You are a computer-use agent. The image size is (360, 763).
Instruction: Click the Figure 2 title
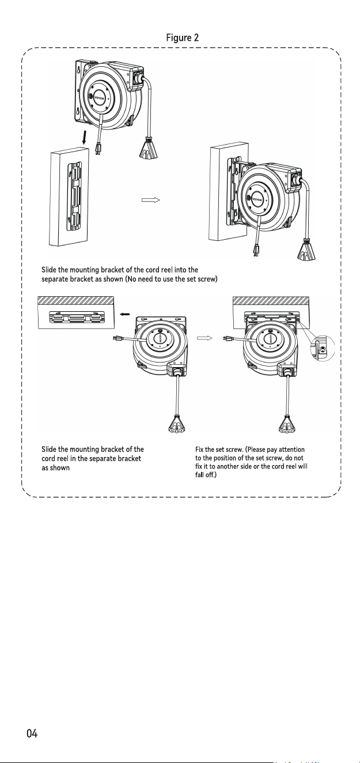click(182, 37)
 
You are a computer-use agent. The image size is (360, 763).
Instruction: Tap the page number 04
click(32, 733)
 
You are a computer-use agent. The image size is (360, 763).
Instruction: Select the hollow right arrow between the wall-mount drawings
click(151, 199)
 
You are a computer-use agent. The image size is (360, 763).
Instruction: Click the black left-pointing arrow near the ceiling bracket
click(124, 314)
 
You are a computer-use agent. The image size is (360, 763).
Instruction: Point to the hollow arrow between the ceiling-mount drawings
click(204, 338)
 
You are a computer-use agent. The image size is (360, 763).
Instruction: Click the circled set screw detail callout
click(322, 348)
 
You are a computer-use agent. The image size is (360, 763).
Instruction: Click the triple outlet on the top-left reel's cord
click(148, 148)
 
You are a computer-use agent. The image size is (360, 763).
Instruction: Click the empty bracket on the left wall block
click(74, 195)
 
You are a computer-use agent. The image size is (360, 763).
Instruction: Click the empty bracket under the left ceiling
click(76, 317)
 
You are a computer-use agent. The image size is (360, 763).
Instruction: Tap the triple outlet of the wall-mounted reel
click(306, 250)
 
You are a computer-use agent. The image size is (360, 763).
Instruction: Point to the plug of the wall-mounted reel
click(255, 250)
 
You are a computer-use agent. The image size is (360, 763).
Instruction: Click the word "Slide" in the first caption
click(49, 270)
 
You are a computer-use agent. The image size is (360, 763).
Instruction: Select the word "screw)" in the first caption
click(207, 279)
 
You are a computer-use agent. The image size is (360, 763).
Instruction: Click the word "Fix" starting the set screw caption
click(199, 450)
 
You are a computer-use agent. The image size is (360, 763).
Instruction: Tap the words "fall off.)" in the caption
click(206, 474)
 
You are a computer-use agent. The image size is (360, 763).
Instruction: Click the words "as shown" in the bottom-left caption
click(55, 468)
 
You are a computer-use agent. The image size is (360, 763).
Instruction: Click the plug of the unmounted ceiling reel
click(118, 338)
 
